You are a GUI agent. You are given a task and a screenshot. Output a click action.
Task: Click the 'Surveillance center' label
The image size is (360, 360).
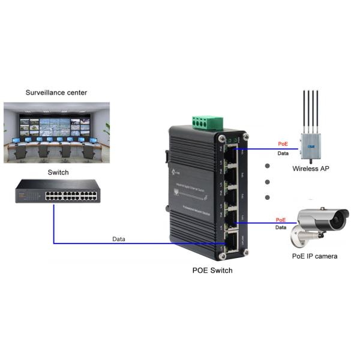point(56,93)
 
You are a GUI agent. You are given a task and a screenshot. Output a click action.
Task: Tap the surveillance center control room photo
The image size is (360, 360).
point(57,133)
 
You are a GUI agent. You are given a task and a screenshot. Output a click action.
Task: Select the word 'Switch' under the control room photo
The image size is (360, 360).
point(58,173)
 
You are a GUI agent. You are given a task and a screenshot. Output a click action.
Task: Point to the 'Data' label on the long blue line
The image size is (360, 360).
point(119,239)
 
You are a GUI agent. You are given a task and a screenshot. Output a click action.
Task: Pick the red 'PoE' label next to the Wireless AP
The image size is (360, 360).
point(283,145)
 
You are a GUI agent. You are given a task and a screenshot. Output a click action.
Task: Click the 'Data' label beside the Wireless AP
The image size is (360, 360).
point(283,154)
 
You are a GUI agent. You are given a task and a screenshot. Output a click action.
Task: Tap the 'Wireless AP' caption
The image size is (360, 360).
point(310,169)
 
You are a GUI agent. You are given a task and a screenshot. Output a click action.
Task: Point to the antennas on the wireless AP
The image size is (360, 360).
point(310,108)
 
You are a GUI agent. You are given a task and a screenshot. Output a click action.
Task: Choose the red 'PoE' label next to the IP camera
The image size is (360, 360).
point(280,220)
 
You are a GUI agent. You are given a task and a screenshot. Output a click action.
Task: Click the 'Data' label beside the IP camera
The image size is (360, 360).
point(280,228)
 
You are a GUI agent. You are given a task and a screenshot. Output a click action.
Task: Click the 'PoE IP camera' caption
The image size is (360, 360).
point(314,256)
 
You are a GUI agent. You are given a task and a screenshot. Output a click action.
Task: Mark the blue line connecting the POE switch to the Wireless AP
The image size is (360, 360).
point(264,149)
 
